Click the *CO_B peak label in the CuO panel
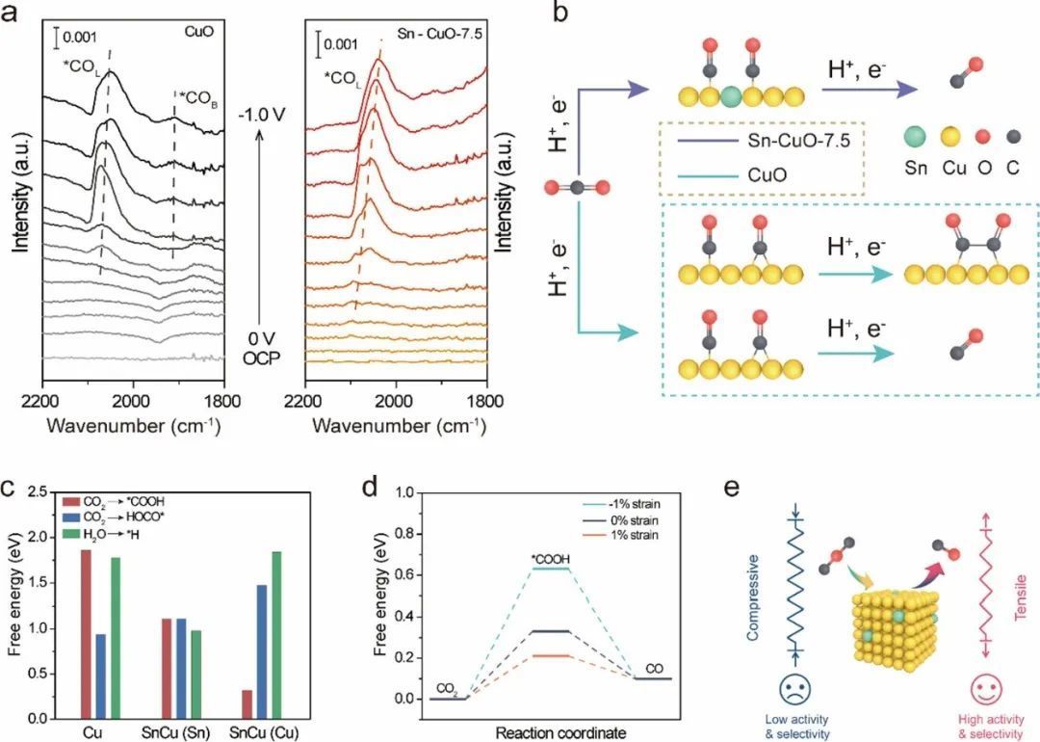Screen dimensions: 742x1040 [198, 95]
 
